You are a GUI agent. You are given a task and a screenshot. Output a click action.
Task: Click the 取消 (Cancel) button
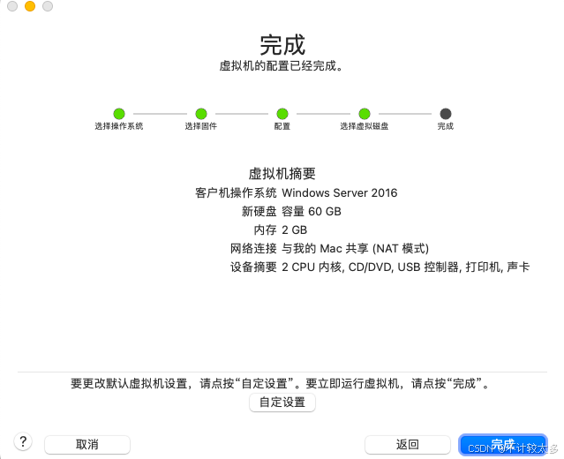coord(86,444)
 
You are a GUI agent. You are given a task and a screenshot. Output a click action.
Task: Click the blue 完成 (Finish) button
coord(502,444)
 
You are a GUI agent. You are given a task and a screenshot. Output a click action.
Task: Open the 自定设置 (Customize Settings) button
coord(282,403)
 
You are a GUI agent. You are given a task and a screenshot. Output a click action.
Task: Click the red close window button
coord(12,7)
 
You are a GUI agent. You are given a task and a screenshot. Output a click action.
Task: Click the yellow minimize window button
coord(30,7)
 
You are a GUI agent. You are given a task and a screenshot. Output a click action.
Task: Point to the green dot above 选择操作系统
coord(119,114)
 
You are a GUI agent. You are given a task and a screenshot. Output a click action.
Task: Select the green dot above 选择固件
coord(200,114)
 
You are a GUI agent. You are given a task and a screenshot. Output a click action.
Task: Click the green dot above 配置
coord(282,114)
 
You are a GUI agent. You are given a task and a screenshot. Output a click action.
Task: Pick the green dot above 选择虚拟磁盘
coord(364,114)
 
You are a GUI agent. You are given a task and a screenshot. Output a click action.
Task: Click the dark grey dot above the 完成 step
coord(445,114)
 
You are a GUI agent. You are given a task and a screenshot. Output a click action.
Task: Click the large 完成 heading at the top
coord(282,44)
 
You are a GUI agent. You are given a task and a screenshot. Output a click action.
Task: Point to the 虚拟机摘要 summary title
coord(282,174)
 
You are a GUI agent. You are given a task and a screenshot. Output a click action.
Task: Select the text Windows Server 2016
coord(340,192)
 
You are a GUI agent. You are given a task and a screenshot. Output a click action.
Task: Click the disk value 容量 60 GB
coord(312,211)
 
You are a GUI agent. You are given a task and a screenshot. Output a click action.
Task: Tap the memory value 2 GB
coord(295,229)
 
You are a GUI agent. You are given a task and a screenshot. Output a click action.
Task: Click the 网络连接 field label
coord(253,248)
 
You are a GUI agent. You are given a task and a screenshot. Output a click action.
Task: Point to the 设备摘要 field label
coord(253,267)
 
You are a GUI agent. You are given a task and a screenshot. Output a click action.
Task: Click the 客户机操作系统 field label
coord(236,192)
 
